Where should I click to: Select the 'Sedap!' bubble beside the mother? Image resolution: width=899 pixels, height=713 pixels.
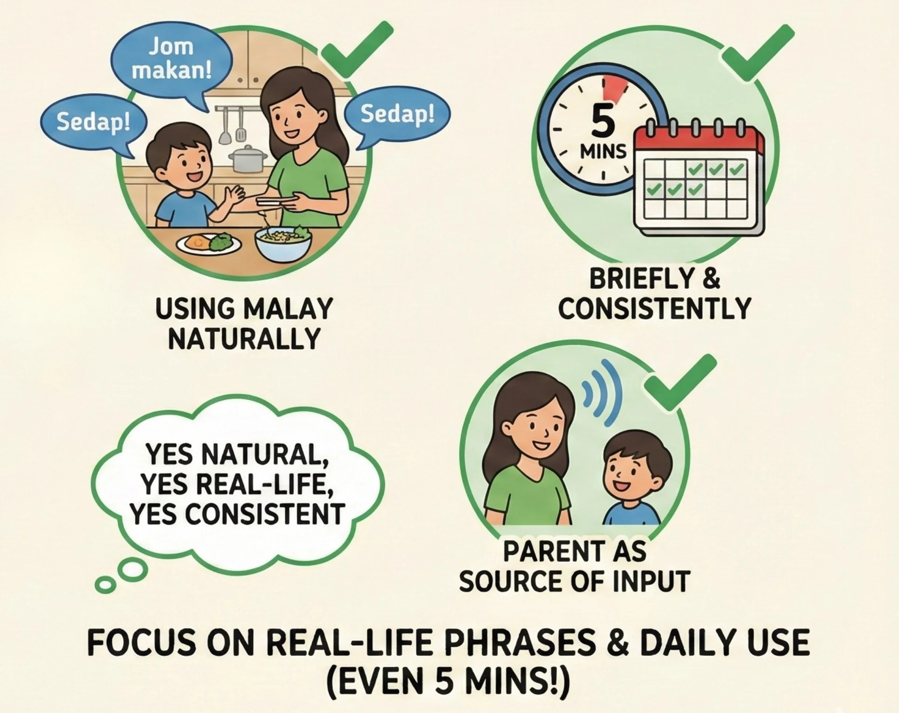397,114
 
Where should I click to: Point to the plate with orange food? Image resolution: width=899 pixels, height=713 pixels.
208,243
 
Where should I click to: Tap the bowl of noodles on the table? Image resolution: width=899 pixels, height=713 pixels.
283,241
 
